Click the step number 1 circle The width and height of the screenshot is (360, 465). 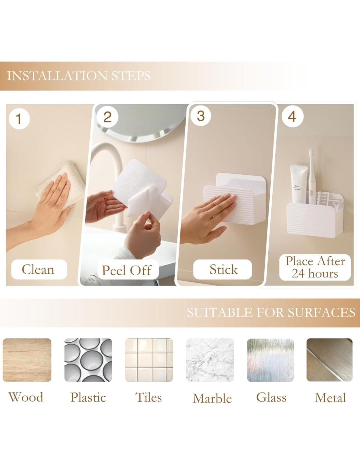coord(19,119)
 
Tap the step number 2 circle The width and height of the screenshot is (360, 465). coord(107,117)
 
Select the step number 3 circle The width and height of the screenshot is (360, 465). coord(201,116)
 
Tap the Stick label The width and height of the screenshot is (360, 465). coord(223,269)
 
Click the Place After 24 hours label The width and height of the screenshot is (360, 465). coord(315,267)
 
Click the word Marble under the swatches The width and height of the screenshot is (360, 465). coord(212,398)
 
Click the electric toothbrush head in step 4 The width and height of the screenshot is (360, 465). coord(311,157)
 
